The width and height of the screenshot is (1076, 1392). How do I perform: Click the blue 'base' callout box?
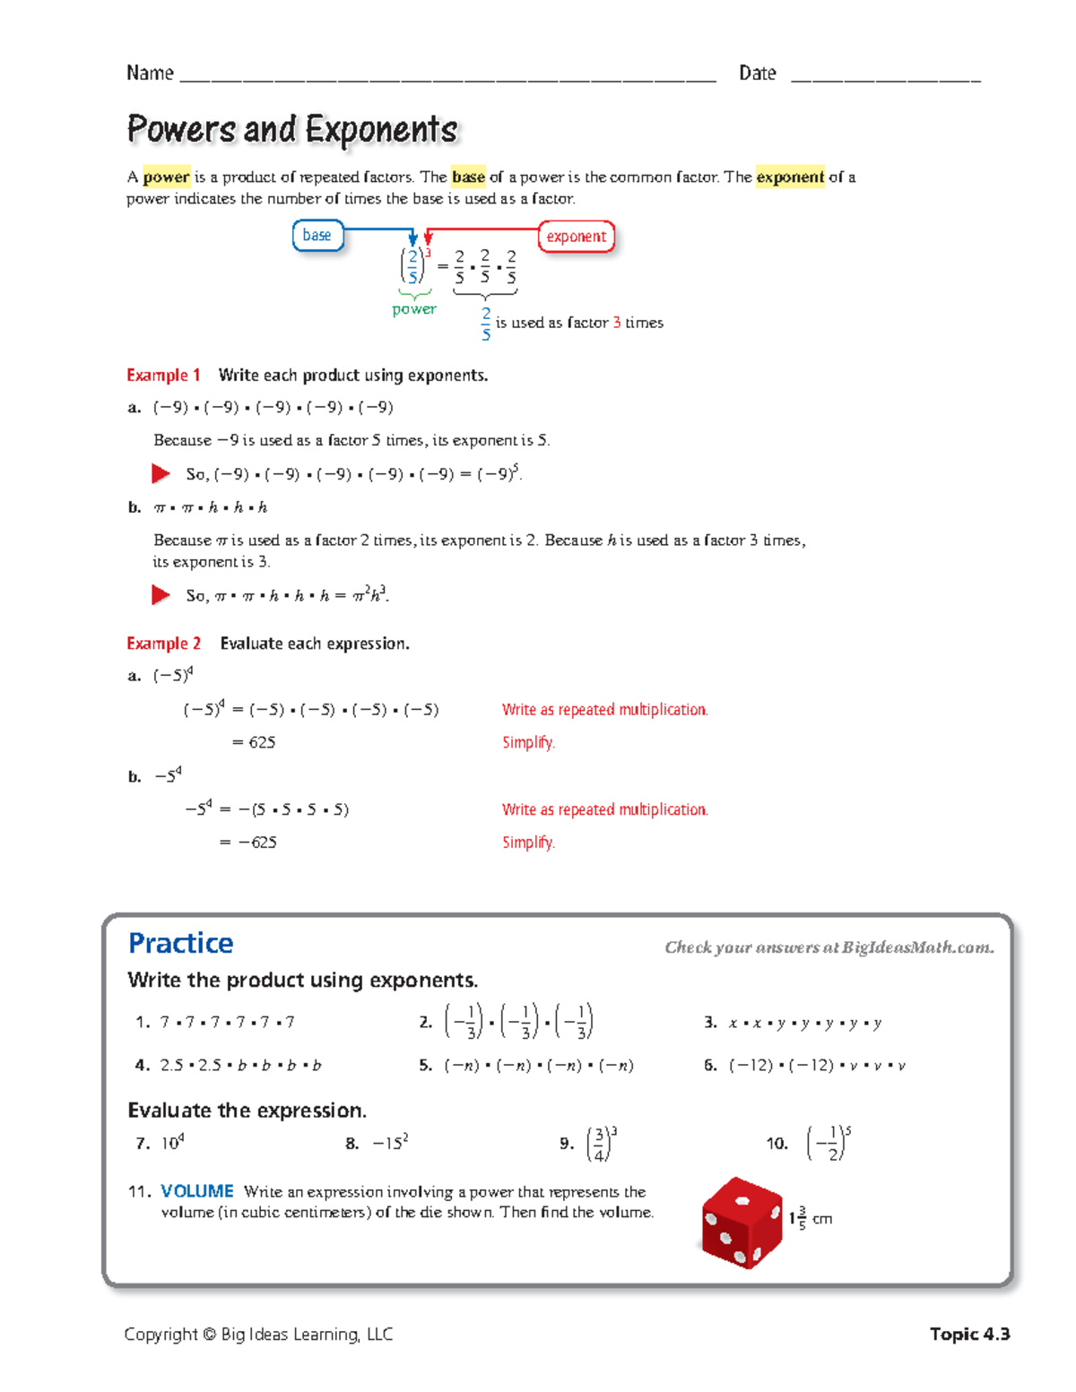coord(317,236)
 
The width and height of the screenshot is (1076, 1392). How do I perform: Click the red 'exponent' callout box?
coord(576,237)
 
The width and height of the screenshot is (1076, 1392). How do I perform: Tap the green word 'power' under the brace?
coord(413,309)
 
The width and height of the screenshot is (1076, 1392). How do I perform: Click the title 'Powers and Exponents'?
coord(292,130)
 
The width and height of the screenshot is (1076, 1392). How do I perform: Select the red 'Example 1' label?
coord(163,376)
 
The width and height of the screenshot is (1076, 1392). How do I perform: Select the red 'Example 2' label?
coord(163,644)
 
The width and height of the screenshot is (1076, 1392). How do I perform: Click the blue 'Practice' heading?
coord(180,943)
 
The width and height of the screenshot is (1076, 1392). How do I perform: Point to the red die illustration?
coord(742,1223)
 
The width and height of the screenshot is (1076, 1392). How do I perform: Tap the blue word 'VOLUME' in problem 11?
coord(196,1191)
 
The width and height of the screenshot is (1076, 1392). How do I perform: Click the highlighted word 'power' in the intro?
coord(166,177)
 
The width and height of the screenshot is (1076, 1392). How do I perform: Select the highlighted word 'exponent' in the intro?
coord(789,177)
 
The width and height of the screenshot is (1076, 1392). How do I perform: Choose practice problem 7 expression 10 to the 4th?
coord(172,1143)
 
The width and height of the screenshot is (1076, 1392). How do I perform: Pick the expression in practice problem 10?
coord(829,1144)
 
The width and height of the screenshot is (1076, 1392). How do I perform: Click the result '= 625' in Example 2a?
coord(254,742)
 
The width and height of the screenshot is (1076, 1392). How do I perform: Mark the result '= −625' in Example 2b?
coord(248,843)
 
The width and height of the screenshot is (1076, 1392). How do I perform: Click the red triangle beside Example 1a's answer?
coord(161,473)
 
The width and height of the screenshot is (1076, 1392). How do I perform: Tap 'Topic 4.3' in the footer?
coord(969,1334)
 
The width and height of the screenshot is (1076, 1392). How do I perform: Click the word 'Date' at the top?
coord(757,73)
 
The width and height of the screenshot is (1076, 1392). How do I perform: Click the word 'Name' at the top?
coord(150,73)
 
